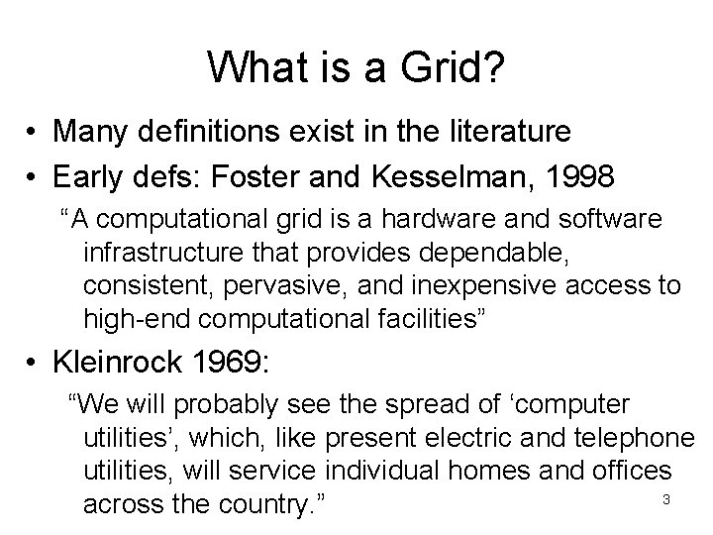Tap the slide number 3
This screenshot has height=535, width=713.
point(666,498)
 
